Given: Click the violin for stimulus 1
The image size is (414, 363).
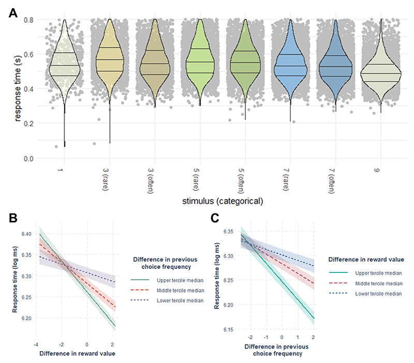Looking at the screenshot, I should pyautogui.click(x=65, y=67).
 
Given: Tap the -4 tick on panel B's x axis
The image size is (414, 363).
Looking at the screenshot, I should pyautogui.click(x=35, y=344).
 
